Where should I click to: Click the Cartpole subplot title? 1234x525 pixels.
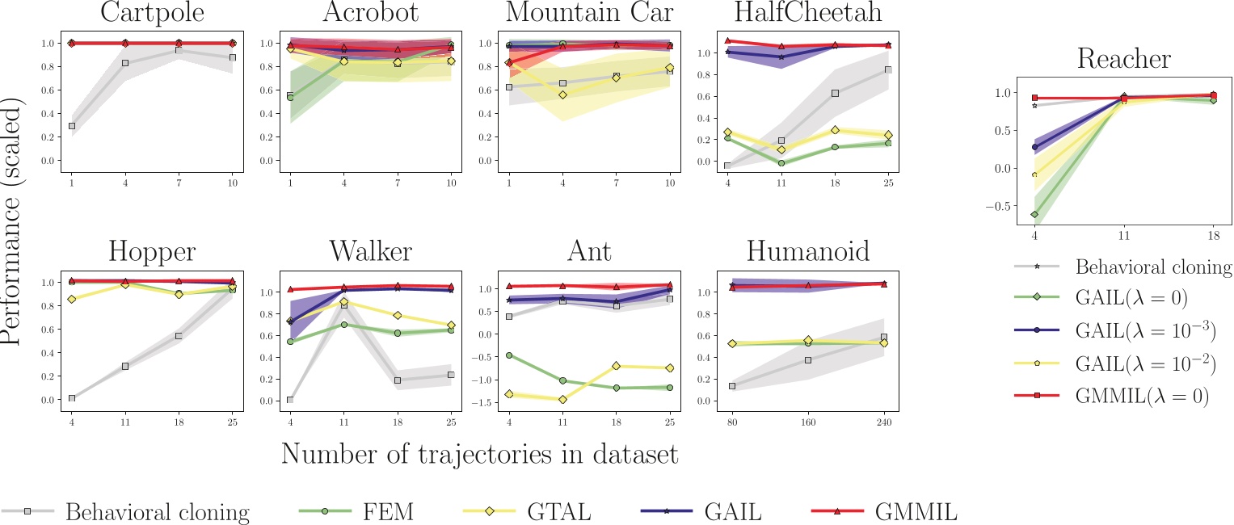152,14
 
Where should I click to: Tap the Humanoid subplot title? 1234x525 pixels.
807,252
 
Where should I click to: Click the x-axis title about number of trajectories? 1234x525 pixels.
479,454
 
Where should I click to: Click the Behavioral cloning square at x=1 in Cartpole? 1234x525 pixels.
72,126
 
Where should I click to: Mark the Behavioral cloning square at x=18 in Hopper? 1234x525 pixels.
179,336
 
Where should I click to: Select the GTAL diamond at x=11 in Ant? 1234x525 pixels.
562,399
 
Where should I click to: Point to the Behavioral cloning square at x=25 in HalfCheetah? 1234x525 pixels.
888,69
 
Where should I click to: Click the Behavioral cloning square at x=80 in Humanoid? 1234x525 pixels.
732,386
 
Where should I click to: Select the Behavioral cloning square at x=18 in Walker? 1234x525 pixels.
398,380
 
